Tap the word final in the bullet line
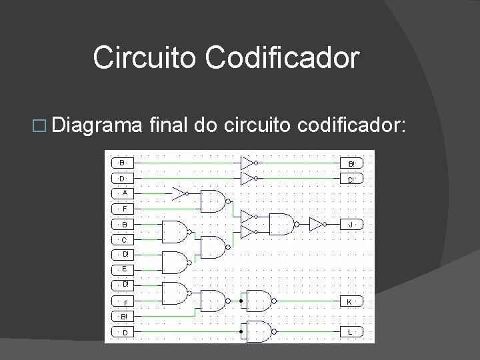tap(173, 126)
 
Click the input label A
tap(125, 193)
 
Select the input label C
tap(125, 239)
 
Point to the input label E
tap(125, 269)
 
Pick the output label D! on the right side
tap(351, 179)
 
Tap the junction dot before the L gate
tap(241, 331)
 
